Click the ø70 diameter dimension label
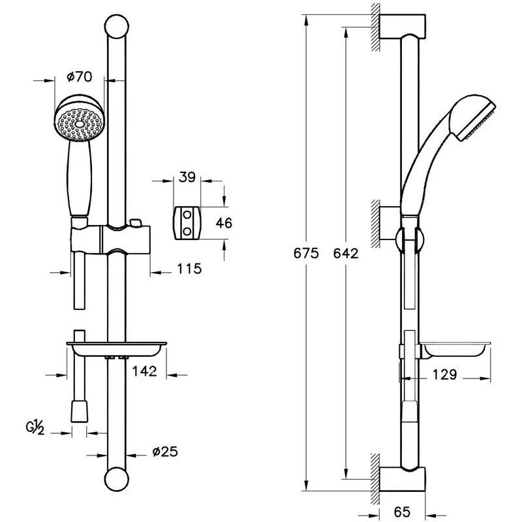point(79,77)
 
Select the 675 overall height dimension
point(306,253)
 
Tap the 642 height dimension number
point(346,253)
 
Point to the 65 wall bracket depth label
point(402,512)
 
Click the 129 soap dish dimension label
point(445,375)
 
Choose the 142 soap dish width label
point(144,371)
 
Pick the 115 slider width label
point(189,269)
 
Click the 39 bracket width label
point(187,177)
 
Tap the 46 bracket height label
point(224,223)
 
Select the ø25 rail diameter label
point(165,452)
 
